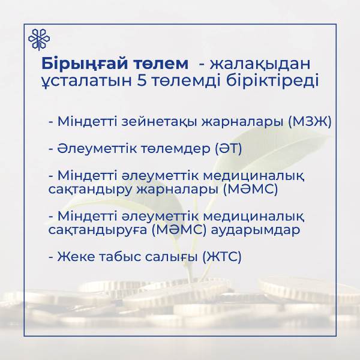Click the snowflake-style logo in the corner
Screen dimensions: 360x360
coord(39,40)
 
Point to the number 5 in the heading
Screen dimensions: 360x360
coord(142,81)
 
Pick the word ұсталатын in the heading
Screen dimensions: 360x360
coord(86,82)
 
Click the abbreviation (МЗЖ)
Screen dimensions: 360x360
coord(310,121)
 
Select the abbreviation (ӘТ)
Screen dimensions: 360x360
coord(229,149)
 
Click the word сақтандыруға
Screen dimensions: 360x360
coord(98,230)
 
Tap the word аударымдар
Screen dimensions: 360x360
coord(256,230)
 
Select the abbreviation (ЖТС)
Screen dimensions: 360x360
coord(222,256)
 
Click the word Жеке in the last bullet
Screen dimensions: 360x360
coord(76,256)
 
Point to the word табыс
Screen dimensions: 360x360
coord(119,256)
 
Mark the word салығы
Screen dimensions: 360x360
coord(171,257)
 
